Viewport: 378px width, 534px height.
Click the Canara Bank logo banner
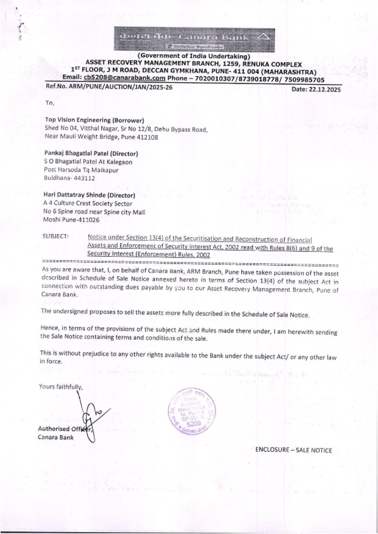pos(194,40)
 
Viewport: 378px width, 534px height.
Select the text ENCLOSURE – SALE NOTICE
pos(293,450)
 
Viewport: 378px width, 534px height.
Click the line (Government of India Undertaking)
pos(194,56)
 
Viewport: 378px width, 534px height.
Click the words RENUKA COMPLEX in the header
pos(274,64)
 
